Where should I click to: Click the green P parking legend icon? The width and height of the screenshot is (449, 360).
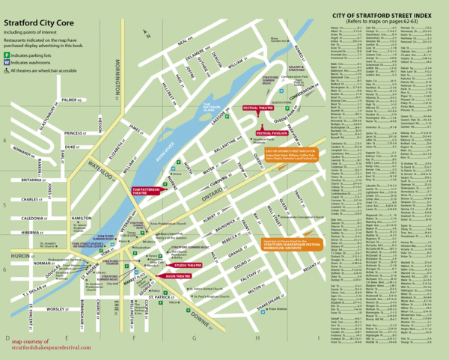[7, 56]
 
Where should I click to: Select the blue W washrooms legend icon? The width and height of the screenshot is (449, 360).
[7, 64]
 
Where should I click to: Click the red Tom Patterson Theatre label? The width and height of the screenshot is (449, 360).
[148, 190]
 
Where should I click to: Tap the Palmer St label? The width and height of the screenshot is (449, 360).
[71, 100]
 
